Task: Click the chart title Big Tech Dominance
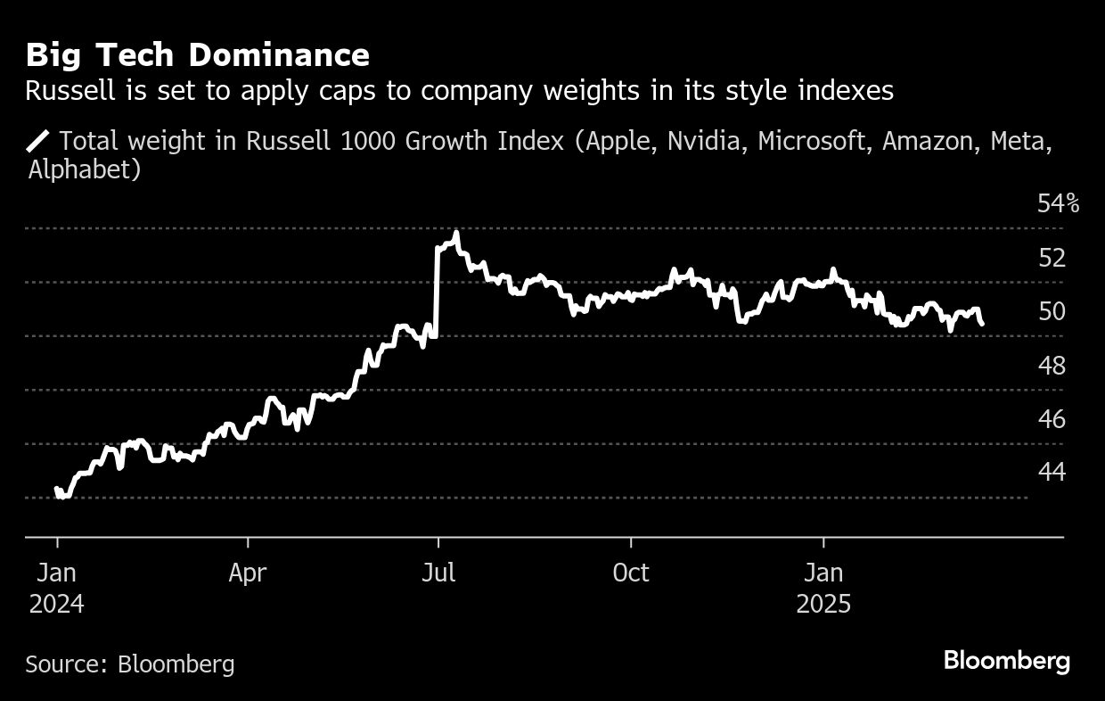point(197,55)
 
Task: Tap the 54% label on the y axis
point(1058,204)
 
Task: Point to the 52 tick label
point(1052,258)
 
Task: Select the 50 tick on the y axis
point(1052,311)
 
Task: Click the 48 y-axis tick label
point(1052,365)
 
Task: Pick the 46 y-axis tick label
point(1052,418)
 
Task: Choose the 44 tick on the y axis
point(1052,472)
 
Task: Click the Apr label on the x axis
point(247,573)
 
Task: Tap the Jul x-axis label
point(438,573)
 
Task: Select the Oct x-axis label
point(631,573)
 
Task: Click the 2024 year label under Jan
point(56,604)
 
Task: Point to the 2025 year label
point(823,604)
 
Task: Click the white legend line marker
point(39,140)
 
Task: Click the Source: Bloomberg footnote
point(130,664)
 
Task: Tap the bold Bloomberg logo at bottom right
point(1006,661)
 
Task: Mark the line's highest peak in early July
point(456,234)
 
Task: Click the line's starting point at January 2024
point(57,489)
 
